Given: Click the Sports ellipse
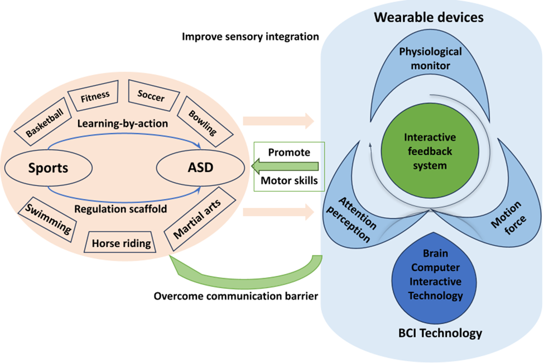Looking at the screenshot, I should (49, 166).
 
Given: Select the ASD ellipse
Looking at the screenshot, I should (201, 166).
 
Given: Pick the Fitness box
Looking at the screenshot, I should (95, 96).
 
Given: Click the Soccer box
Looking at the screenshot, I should (151, 97).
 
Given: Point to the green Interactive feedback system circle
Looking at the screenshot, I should (430, 151).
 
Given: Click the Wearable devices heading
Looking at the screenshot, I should (429, 17).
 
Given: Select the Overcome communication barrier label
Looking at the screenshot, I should (236, 295).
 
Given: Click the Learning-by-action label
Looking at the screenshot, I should (122, 123).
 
